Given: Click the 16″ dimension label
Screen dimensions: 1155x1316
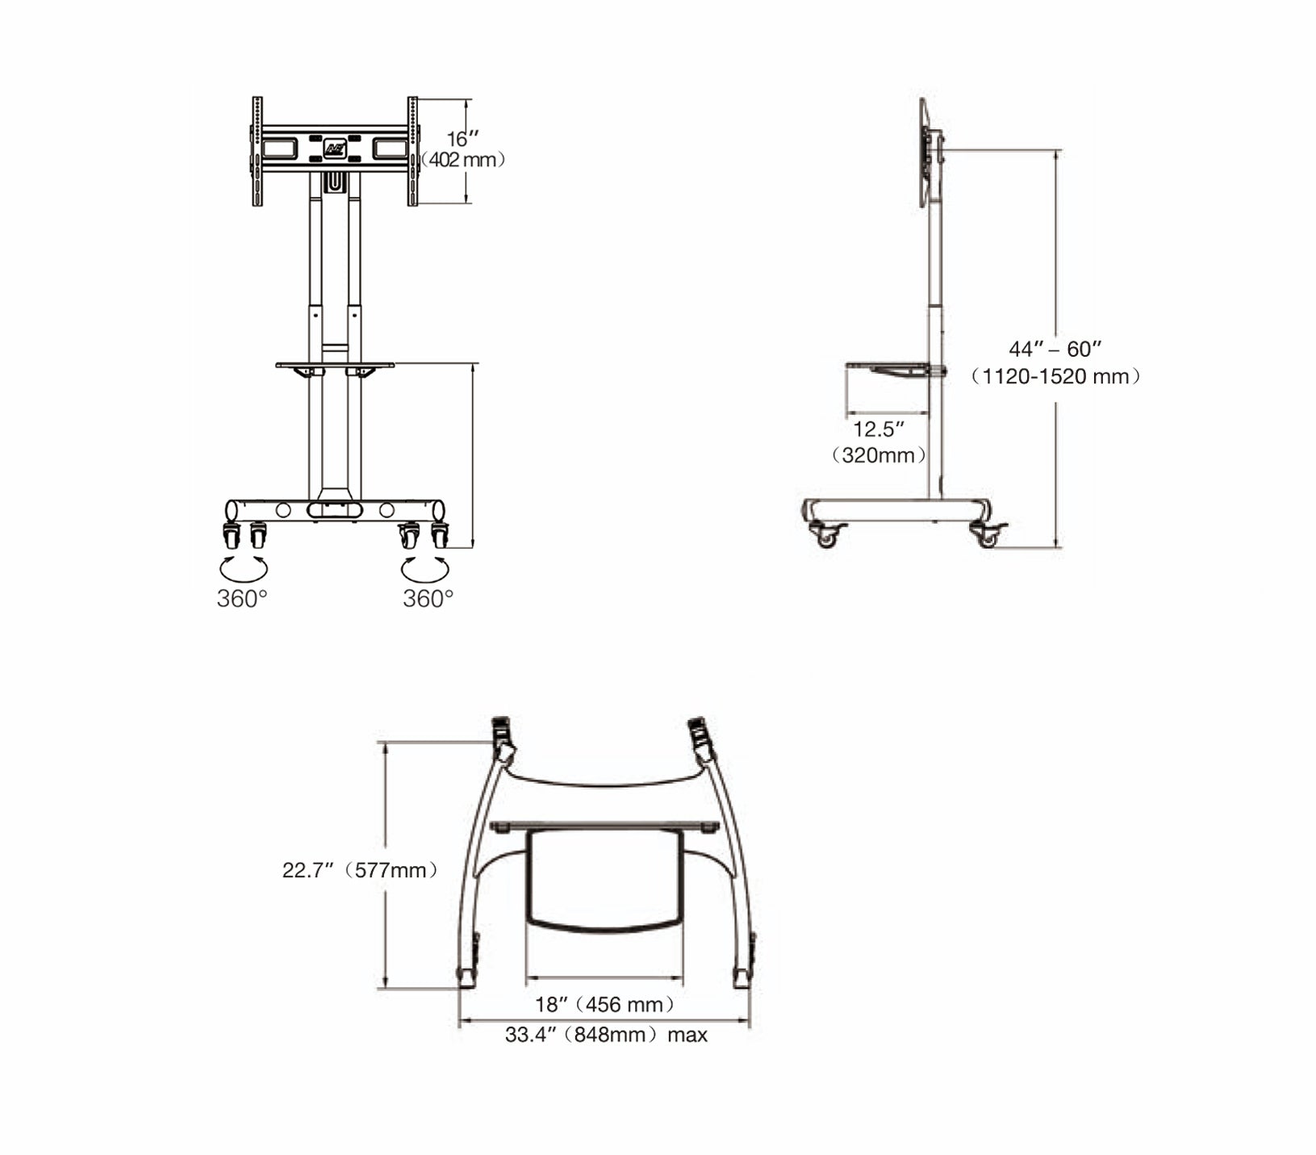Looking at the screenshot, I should pyautogui.click(x=457, y=138).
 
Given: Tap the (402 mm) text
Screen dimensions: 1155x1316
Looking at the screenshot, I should pyautogui.click(x=463, y=160).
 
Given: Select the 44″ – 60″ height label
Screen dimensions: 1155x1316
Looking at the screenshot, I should pyautogui.click(x=1055, y=349).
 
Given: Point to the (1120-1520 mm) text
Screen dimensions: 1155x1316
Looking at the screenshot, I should pyautogui.click(x=1055, y=376).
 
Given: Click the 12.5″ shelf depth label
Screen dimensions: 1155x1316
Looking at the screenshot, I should pyautogui.click(x=879, y=429).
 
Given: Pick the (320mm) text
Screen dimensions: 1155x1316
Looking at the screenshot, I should pyautogui.click(x=879, y=455).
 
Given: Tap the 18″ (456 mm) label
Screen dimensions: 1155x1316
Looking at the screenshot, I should pyautogui.click(x=604, y=1004).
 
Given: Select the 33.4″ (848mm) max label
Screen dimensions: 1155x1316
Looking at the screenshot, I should pyautogui.click(x=606, y=1035).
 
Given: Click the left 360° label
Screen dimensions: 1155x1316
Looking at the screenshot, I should pyautogui.click(x=242, y=599).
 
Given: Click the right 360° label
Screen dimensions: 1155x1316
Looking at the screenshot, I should pyautogui.click(x=428, y=599).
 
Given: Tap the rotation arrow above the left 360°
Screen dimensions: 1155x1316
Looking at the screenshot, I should pyautogui.click(x=244, y=568).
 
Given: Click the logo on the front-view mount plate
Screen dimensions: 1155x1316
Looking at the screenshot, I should pyautogui.click(x=335, y=149).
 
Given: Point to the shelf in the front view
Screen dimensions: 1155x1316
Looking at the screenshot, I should pyautogui.click(x=335, y=365).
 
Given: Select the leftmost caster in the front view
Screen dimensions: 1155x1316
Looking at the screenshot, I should pyautogui.click(x=232, y=536).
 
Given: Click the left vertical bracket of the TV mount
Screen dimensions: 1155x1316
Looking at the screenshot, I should pyautogui.click(x=257, y=151).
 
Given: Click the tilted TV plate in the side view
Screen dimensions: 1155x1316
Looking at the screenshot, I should pyautogui.click(x=924, y=153).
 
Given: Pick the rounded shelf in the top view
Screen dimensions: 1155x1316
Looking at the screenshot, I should pyautogui.click(x=604, y=880).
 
